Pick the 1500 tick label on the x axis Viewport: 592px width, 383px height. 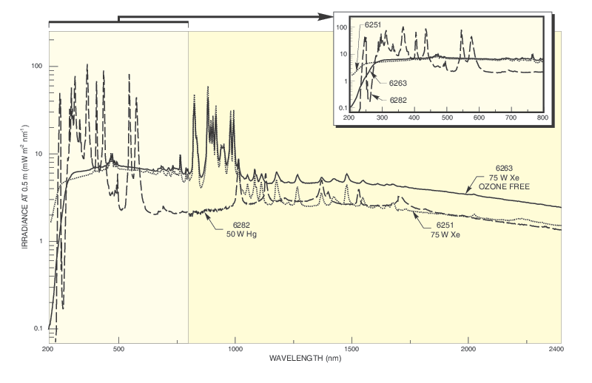351,348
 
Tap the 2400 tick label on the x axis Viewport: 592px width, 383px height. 561,348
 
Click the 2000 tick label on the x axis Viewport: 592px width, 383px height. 468,348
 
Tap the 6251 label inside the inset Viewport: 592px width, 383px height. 372,24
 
